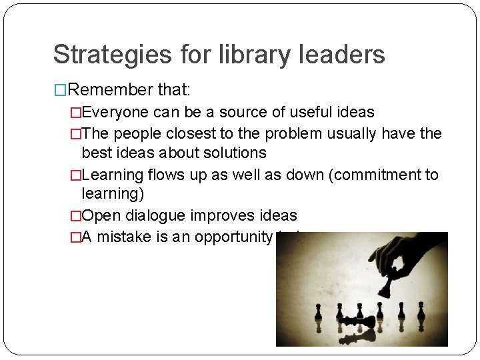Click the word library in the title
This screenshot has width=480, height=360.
(x=253, y=55)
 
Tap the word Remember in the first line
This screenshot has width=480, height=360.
(x=110, y=90)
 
